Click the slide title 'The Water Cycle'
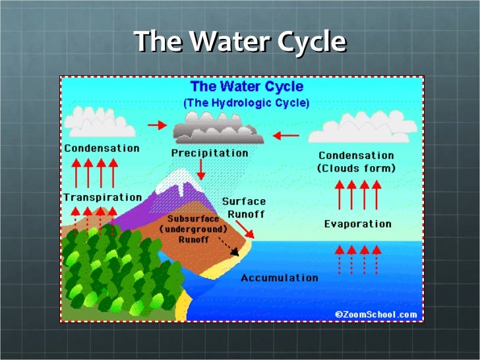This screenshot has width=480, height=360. pos(240,42)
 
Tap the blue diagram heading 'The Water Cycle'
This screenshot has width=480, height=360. pos(247,87)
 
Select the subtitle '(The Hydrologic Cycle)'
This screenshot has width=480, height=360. pos(245,104)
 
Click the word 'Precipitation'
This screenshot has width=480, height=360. pos(210,153)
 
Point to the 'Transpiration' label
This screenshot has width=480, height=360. pos(102,197)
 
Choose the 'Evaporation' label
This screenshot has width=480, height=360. pos(357,224)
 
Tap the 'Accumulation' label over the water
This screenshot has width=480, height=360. pos(279,278)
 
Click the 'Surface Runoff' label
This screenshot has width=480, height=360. pos(243,208)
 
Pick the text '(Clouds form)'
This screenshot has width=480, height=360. pos(357,169)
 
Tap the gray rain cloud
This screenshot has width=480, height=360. pos(219,129)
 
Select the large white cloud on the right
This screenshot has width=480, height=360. pos(363,127)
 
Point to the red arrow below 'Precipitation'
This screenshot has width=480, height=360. pos(201,171)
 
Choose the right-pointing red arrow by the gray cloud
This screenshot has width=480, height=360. pos(157,125)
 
